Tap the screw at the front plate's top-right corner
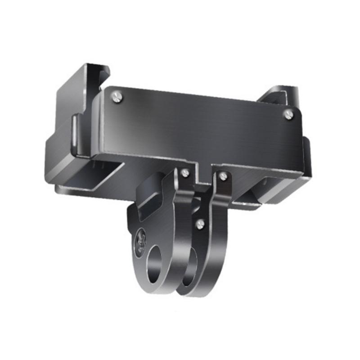(288, 114)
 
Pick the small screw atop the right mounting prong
(223, 176)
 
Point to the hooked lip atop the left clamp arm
(99, 72)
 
